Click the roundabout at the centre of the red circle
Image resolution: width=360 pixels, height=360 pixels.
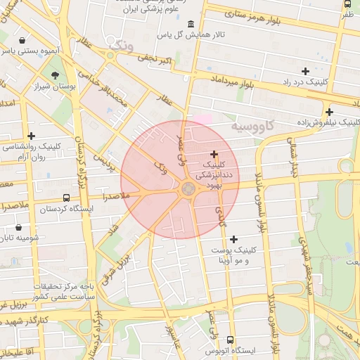click(x=188, y=188)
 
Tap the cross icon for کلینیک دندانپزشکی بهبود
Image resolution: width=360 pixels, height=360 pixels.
click(x=214, y=154)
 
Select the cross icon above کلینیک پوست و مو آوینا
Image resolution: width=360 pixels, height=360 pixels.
click(x=234, y=240)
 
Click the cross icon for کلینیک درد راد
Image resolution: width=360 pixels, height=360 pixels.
click(x=305, y=71)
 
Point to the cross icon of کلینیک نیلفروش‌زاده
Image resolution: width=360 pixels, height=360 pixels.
click(x=329, y=112)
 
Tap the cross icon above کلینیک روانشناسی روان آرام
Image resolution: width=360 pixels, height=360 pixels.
click(x=31, y=136)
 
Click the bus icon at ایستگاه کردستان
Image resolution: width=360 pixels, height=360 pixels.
click(x=66, y=198)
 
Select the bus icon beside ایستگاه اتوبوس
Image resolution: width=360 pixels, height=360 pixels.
click(x=200, y=349)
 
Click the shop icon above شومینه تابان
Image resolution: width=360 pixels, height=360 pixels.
click(x=18, y=228)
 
